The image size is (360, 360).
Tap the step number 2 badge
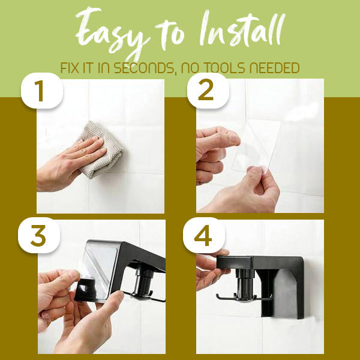(x=205, y=91)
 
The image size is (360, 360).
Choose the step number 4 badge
(x=203, y=236)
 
